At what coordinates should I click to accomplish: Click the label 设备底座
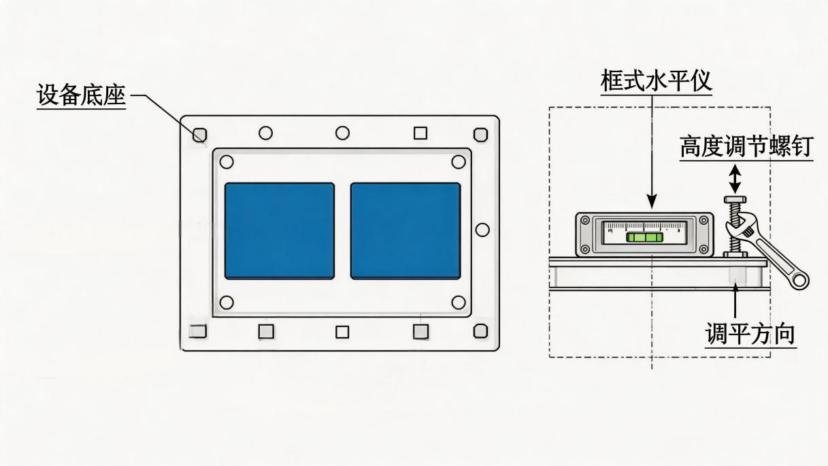(x=82, y=96)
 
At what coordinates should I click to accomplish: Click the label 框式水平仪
(x=656, y=80)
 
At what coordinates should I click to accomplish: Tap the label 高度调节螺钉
(x=746, y=146)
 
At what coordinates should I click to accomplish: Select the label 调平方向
(x=750, y=334)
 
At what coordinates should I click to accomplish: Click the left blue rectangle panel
(x=280, y=230)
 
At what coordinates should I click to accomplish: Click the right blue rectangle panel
(x=405, y=230)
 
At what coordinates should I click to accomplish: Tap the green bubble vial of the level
(x=645, y=237)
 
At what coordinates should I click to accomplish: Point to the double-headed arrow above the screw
(x=735, y=178)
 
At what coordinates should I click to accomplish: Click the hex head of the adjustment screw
(x=735, y=200)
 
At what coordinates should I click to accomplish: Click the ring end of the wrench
(x=799, y=281)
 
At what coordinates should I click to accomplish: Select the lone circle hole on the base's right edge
(x=482, y=230)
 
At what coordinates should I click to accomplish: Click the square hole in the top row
(x=420, y=133)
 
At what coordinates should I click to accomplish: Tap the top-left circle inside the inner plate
(x=227, y=161)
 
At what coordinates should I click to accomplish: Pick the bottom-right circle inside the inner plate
(x=459, y=302)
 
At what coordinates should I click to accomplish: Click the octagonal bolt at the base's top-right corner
(x=480, y=134)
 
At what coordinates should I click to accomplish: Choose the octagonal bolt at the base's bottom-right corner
(x=480, y=331)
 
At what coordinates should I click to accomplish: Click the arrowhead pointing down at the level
(x=652, y=201)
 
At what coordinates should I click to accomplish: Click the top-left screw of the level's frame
(x=585, y=221)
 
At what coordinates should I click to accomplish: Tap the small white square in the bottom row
(x=342, y=332)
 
